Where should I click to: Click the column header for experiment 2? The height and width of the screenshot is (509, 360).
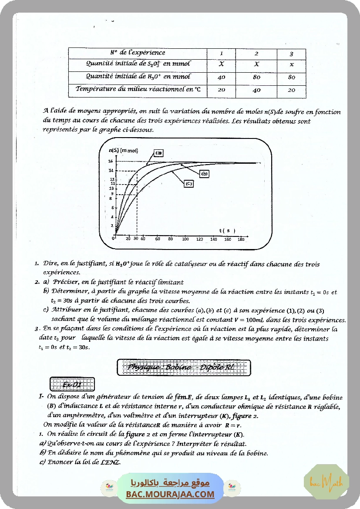[x=256, y=54]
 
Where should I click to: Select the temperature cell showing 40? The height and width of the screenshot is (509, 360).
[x=256, y=90]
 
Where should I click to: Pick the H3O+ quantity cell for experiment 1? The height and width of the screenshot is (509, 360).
[x=221, y=77]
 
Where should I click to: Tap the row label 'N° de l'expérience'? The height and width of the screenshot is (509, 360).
[x=137, y=53]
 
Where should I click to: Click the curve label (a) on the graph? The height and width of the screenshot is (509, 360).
[x=158, y=153]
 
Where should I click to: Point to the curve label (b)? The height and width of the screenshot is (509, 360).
[x=205, y=174]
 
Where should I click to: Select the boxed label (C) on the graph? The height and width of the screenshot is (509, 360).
[x=188, y=184]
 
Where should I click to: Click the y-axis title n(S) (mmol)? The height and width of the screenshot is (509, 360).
[x=123, y=151]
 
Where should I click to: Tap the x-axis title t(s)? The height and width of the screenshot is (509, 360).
[x=227, y=230]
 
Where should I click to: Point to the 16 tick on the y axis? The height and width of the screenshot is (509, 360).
[x=111, y=162]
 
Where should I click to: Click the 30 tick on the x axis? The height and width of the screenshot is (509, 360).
[x=136, y=239]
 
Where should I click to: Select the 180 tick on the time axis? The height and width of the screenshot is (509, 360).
[x=241, y=239]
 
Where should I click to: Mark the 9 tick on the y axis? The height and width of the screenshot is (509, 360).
[x=112, y=194]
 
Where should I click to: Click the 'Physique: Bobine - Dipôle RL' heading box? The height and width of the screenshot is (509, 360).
[x=184, y=367]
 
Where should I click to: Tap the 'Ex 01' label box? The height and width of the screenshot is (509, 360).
[x=72, y=384]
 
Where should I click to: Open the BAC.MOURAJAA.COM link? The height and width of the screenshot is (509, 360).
[x=170, y=494]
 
